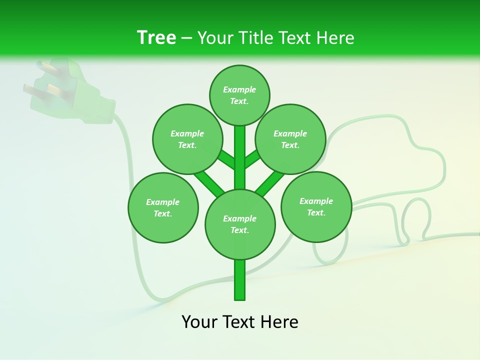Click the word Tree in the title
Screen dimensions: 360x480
tap(156, 37)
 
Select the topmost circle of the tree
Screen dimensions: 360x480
tap(239, 95)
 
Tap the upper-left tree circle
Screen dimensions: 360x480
tap(187, 139)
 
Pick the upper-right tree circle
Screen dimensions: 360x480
tap(290, 139)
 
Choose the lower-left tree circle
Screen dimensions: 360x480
tap(163, 207)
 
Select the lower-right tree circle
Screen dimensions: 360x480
tap(316, 206)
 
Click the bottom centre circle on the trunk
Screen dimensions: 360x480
tap(240, 224)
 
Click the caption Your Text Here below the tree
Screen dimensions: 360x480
tap(240, 322)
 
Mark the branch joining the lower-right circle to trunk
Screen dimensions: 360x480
tap(270, 183)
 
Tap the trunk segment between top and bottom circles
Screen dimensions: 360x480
tap(240, 157)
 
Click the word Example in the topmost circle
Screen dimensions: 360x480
tap(239, 89)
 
